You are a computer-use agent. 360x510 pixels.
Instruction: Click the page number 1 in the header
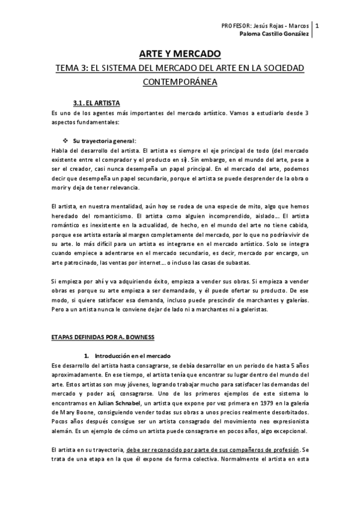[x=317, y=26]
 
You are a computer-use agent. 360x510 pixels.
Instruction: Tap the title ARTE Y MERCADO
[x=180, y=54]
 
